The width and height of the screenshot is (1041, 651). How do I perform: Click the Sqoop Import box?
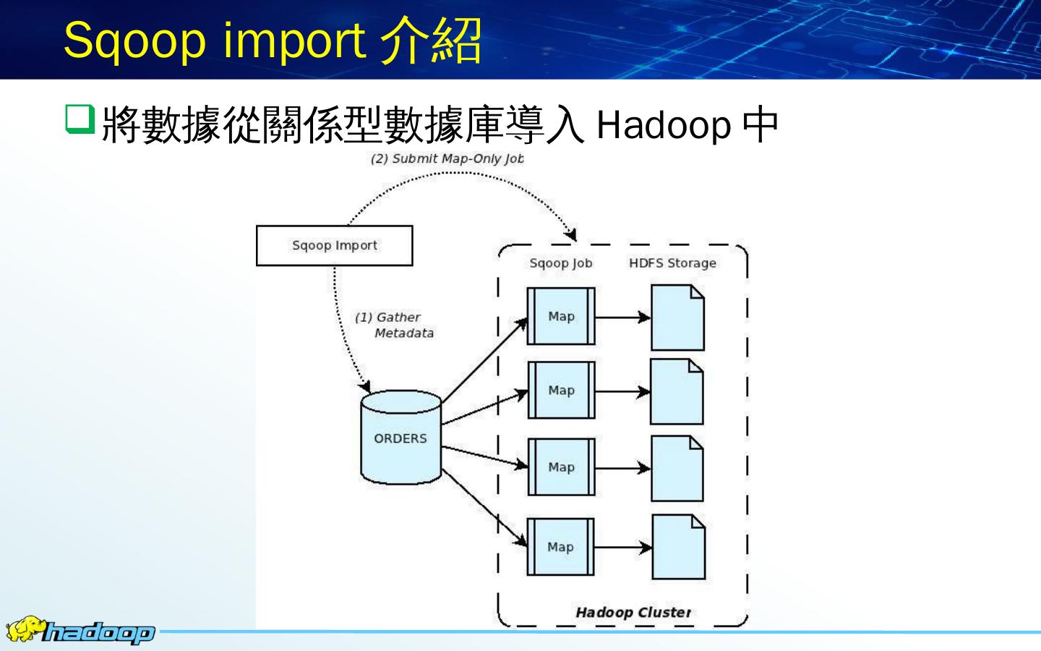tap(334, 245)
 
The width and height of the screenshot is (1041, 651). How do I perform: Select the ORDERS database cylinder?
tap(400, 437)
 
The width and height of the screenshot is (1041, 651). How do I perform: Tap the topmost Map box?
tap(561, 316)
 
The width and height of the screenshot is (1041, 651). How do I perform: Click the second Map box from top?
tap(561, 391)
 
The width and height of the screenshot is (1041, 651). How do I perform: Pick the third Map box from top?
tap(561, 467)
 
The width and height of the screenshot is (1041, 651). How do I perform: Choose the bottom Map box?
tap(561, 547)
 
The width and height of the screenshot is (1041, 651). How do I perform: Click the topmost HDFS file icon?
tap(677, 318)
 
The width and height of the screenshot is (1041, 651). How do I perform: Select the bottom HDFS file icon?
tap(678, 547)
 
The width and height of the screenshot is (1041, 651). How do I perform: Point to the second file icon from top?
tap(677, 391)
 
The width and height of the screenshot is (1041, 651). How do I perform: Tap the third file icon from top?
tap(677, 468)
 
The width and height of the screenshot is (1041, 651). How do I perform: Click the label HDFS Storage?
tap(672, 263)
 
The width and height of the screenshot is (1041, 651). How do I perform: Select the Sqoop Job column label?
tap(560, 263)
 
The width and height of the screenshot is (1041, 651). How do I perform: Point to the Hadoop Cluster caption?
tap(633, 612)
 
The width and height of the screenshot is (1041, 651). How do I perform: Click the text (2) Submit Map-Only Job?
tap(447, 159)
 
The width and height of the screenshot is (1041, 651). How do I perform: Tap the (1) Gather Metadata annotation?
tap(394, 325)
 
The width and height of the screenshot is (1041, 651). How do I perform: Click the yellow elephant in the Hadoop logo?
tap(24, 629)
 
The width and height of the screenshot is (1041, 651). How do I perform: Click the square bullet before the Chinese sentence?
tap(79, 119)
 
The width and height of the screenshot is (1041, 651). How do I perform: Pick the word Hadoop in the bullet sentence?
tap(664, 125)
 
